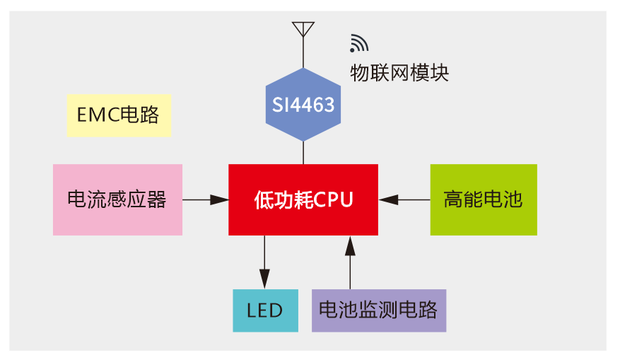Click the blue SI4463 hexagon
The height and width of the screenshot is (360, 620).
(303, 105)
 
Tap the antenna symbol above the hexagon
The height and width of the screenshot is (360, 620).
(303, 29)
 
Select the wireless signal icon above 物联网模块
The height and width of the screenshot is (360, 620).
(358, 45)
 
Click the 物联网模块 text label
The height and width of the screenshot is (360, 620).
(399, 73)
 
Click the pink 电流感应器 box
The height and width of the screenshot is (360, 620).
(117, 199)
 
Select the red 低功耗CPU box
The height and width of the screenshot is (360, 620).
(303, 199)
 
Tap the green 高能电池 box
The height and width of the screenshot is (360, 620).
(484, 199)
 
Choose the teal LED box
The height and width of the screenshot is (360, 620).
(265, 310)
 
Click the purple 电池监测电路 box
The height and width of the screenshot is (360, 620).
(378, 310)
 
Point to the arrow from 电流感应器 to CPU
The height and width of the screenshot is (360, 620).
(206, 200)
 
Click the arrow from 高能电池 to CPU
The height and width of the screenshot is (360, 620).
(404, 200)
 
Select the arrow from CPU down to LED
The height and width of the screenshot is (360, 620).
(265, 262)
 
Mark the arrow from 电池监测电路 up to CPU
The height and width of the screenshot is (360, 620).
(349, 262)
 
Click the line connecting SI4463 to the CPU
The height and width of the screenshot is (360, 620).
(303, 153)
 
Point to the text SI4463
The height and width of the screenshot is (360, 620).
(303, 105)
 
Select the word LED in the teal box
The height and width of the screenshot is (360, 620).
(265, 310)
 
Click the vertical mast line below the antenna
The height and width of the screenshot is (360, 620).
(303, 53)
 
